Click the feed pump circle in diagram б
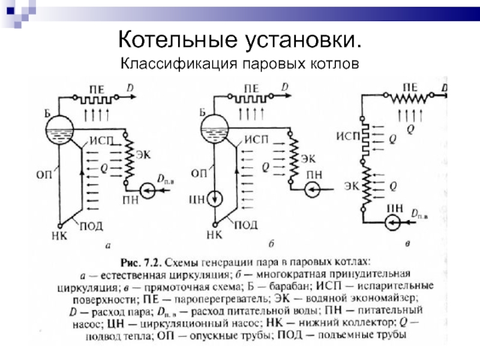[313, 190]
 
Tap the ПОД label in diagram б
[245, 225]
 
